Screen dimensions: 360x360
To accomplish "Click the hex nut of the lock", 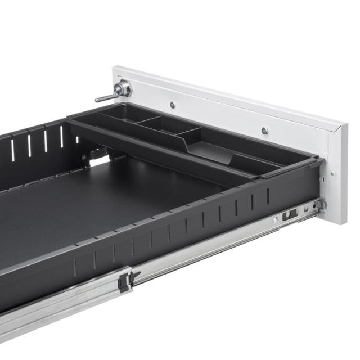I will pos(122,88).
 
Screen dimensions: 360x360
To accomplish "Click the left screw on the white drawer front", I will pos(173,104).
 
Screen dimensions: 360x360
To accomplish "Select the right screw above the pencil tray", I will pos(264,130).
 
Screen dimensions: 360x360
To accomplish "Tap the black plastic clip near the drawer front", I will pos(290,214).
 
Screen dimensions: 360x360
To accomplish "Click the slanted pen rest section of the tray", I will pos(208,150).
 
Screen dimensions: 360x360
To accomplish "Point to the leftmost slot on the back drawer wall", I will pos(13,150).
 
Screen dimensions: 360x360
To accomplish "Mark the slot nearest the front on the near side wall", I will pos(268,196).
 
